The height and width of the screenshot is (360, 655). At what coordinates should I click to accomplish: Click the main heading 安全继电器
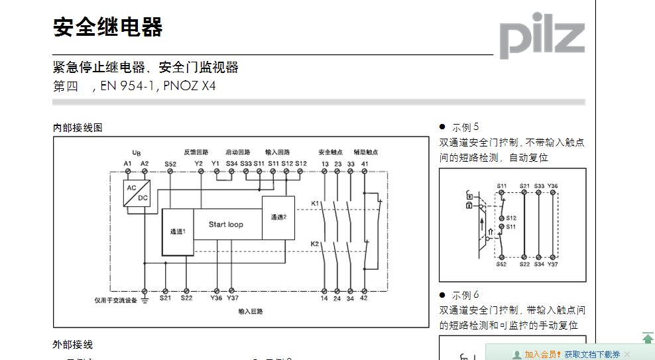pos(107,28)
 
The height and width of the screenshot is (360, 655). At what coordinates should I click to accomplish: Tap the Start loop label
pos(225,224)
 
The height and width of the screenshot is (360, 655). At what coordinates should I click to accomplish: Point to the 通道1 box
pos(178,231)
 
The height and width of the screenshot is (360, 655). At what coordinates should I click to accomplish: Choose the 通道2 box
pos(278,217)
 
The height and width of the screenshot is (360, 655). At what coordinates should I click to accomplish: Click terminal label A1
pos(128,163)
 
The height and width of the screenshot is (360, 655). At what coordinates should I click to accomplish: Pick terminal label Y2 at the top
pos(199,163)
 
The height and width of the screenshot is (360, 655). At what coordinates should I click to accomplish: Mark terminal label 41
pos(365,163)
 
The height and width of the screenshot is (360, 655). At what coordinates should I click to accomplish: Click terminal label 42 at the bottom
pos(364,298)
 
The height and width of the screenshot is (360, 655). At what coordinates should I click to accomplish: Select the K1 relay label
pos(315,203)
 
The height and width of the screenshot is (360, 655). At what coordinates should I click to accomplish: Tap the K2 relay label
pos(315,244)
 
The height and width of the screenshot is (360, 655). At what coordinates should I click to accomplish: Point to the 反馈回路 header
pos(196,152)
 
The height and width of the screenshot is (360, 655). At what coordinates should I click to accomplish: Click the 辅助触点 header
pos(365,152)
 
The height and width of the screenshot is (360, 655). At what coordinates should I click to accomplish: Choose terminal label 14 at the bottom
pos(325,298)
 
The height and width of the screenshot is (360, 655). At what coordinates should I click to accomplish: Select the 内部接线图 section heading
pos(78,127)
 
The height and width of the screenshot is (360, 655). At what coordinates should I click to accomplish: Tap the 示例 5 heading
pos(465,127)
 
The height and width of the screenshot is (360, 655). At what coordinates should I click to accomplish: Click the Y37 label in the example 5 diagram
pos(553,265)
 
